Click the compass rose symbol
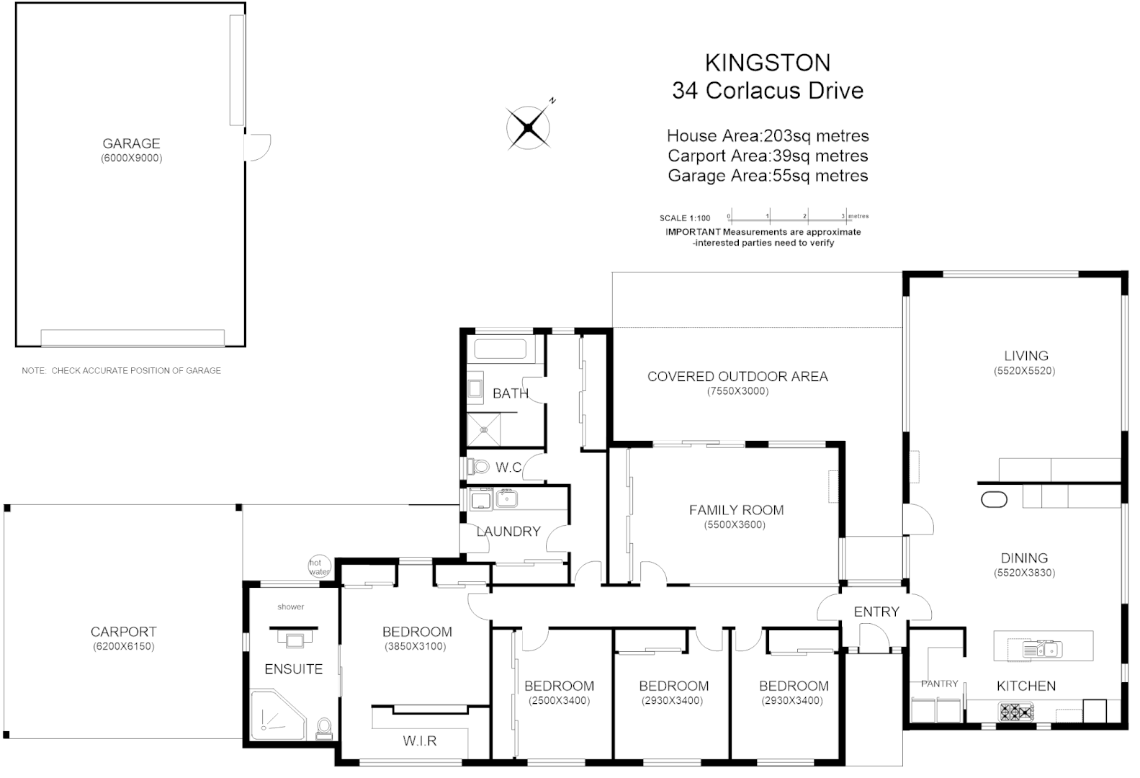click(529, 128)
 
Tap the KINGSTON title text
click(767, 63)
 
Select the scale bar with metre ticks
click(786, 217)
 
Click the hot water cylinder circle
click(318, 566)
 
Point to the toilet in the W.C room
click(477, 467)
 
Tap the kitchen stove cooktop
click(1015, 712)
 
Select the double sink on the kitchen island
click(1042, 648)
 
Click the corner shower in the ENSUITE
click(276, 715)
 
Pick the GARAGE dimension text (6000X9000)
click(131, 158)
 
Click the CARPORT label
click(123, 632)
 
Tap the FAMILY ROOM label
click(736, 510)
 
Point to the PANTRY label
click(939, 684)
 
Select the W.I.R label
click(420, 741)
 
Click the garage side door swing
click(256, 148)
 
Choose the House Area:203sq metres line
click(767, 135)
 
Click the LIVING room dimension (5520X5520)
click(1025, 371)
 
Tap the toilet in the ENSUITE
click(324, 728)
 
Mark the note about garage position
click(121, 370)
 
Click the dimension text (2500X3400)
click(559, 700)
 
